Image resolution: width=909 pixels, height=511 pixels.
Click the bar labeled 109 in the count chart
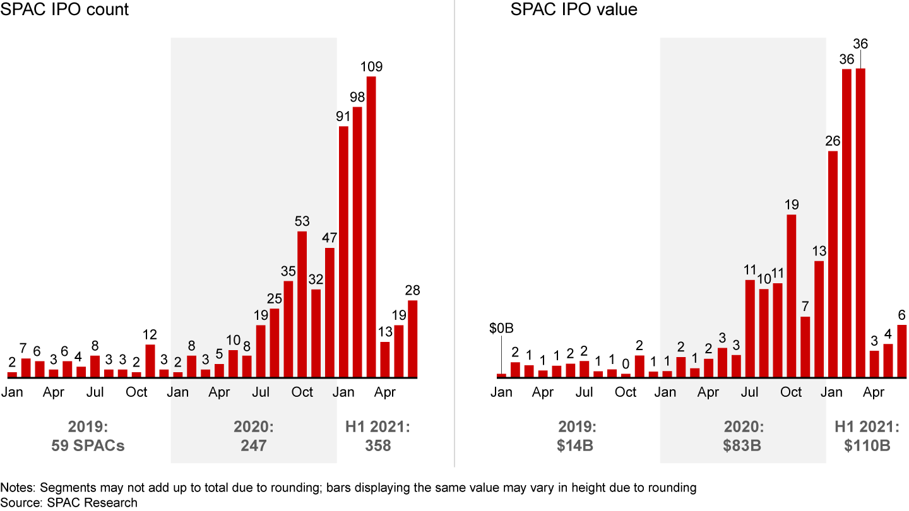371,227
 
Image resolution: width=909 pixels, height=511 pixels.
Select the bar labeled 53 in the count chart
302,305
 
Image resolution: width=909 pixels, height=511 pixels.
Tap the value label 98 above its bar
357,97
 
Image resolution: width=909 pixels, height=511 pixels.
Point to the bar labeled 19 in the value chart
792,296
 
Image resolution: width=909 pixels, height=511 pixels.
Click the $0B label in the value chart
502,329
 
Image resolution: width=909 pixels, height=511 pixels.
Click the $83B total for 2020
742,445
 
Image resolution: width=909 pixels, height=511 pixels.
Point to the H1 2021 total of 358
377,445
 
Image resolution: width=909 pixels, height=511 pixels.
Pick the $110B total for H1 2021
867,445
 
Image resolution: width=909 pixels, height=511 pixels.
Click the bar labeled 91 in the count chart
343,252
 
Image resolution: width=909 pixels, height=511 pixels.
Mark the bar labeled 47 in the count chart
330,313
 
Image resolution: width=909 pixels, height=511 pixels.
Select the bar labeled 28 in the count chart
413,339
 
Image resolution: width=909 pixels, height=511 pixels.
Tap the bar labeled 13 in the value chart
819,319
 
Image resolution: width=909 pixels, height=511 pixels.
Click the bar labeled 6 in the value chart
902,351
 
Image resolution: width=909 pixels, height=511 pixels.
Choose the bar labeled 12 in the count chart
150,361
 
